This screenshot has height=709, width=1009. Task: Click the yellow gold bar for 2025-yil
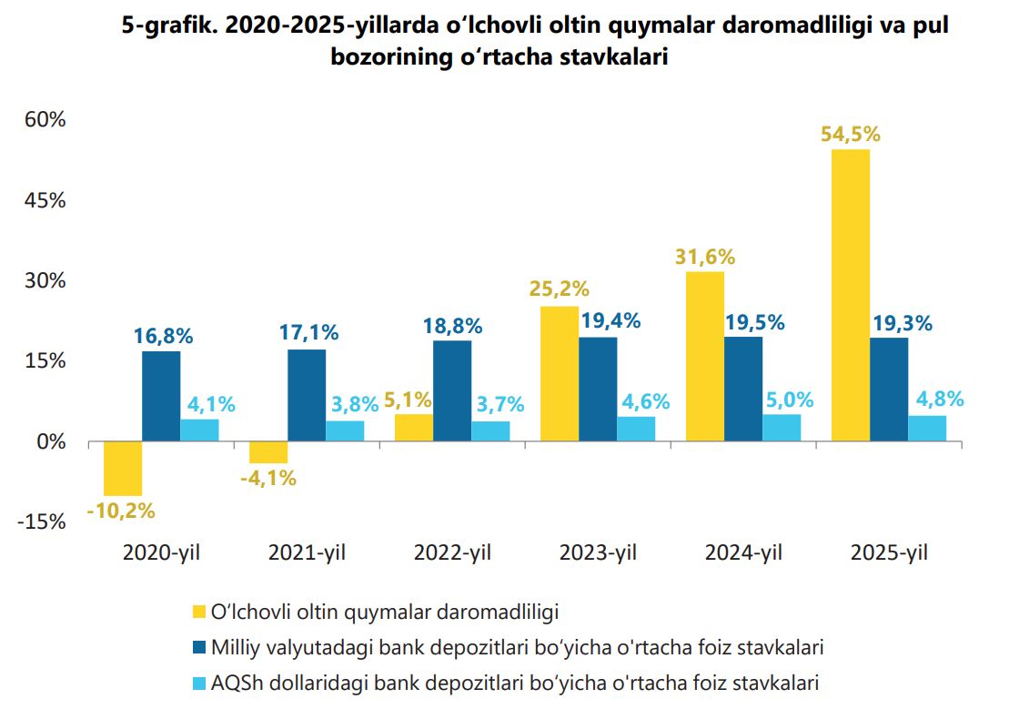850,296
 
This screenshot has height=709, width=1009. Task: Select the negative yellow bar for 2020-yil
123,469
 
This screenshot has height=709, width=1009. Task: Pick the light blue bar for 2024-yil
782,428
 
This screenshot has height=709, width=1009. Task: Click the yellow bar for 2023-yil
560,374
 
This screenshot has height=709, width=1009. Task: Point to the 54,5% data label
851,134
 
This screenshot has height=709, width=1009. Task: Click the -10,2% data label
121,511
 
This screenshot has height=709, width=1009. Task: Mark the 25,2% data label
560,290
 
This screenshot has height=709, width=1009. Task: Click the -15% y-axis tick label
41,522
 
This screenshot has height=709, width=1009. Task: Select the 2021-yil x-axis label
308,552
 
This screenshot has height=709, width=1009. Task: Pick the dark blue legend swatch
198,647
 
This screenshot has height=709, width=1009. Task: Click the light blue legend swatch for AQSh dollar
198,683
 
